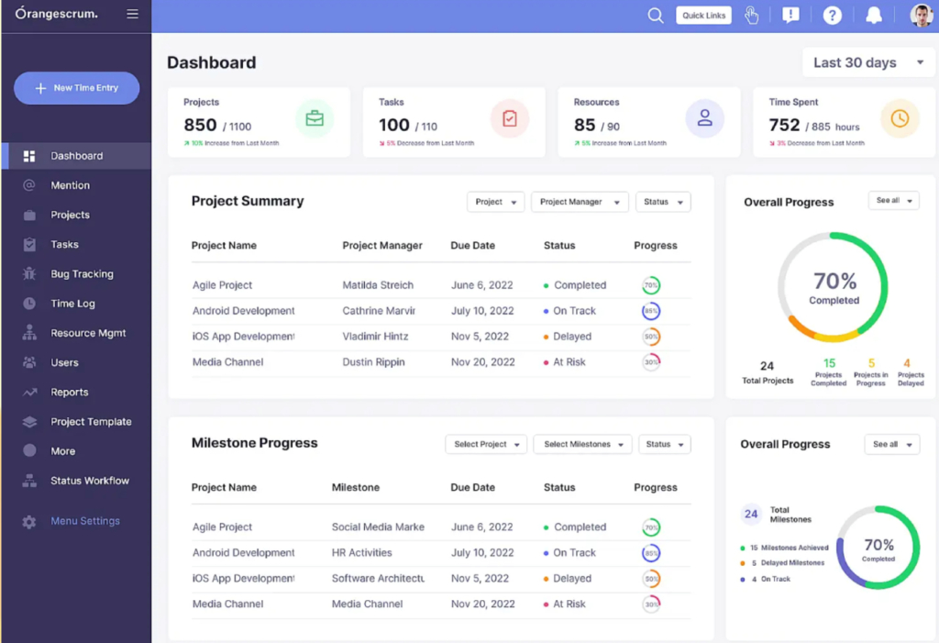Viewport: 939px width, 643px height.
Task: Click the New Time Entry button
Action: click(77, 88)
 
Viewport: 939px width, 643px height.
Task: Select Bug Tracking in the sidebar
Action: click(82, 274)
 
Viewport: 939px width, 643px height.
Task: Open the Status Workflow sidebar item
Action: click(89, 481)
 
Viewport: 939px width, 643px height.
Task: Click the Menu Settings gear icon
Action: click(29, 522)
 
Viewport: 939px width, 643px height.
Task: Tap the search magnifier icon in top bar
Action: click(655, 16)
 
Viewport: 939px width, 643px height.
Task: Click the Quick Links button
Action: click(703, 16)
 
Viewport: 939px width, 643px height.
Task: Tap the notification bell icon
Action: click(874, 16)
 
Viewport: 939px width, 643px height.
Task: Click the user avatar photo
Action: click(921, 16)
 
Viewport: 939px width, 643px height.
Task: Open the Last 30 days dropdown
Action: click(868, 63)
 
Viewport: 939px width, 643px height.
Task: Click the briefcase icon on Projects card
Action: click(315, 118)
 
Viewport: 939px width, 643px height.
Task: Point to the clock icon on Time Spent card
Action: click(900, 118)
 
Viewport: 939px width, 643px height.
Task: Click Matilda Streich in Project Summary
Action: click(378, 285)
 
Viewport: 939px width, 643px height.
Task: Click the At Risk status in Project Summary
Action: click(569, 362)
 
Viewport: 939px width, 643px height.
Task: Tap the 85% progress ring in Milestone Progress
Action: click(651, 553)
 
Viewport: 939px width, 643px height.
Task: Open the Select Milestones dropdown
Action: click(583, 444)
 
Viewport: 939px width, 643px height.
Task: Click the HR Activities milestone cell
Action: click(361, 553)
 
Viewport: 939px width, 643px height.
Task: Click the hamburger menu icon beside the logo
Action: click(133, 15)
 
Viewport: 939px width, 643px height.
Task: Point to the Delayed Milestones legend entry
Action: click(787, 563)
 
